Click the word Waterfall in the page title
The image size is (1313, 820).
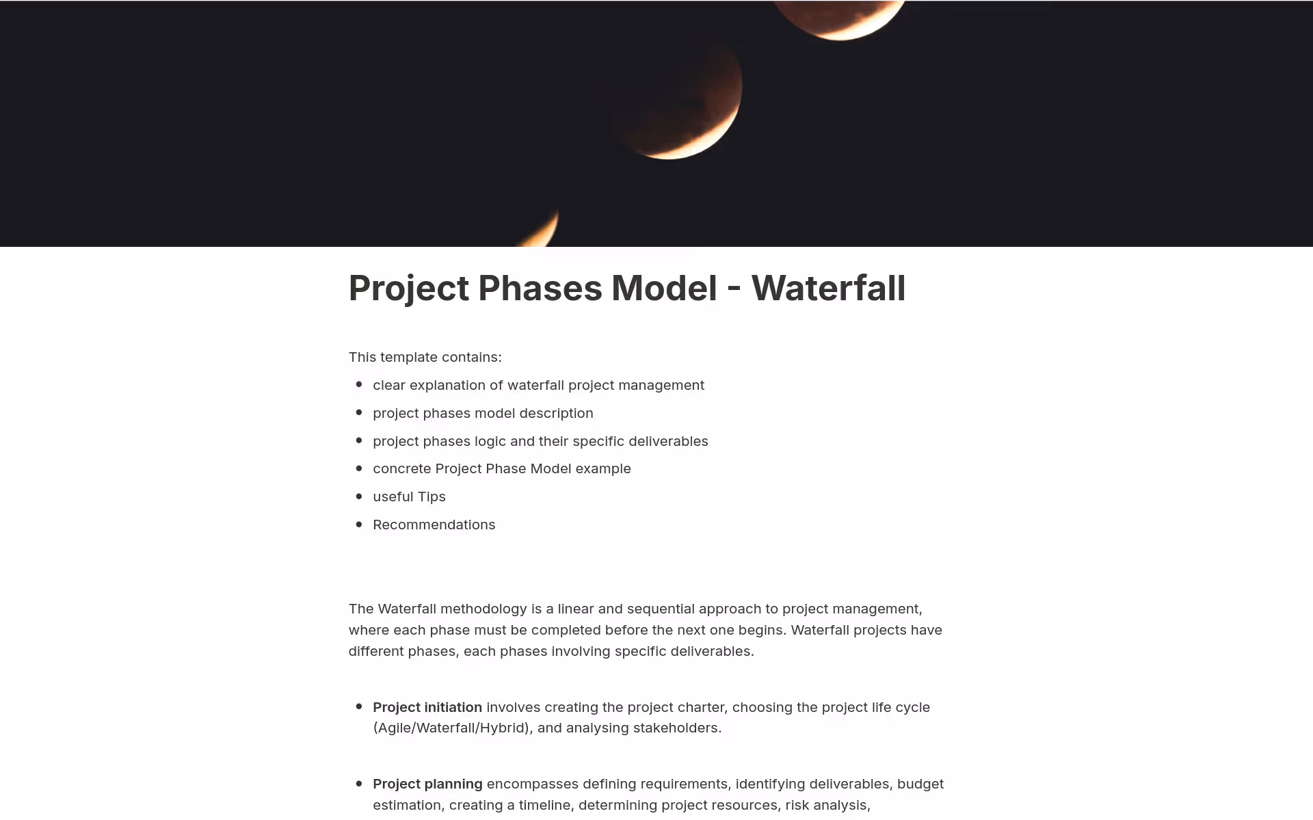click(x=828, y=288)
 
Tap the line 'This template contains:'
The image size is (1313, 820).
click(x=425, y=357)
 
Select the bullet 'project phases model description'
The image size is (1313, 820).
click(x=483, y=413)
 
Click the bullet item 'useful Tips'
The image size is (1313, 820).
click(x=409, y=497)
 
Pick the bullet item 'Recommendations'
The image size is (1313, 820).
click(x=434, y=525)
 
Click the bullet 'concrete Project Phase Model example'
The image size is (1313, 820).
click(x=501, y=468)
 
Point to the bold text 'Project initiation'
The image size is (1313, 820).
click(x=427, y=707)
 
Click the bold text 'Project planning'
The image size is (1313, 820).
click(x=427, y=784)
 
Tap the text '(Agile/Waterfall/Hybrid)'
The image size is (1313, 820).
click(x=452, y=728)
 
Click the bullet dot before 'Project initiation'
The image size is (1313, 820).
click(x=359, y=706)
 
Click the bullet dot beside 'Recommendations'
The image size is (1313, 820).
click(x=359, y=525)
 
